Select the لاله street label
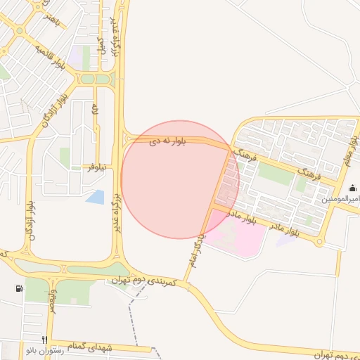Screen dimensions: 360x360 tap(94, 111)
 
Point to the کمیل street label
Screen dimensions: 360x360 tap(101, 45)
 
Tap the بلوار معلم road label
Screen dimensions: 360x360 tap(352, 148)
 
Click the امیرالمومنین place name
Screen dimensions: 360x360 tap(342, 200)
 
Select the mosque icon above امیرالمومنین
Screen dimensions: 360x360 tap(352, 188)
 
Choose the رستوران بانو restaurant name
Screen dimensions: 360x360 tap(45, 349)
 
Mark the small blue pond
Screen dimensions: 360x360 tap(95, 196)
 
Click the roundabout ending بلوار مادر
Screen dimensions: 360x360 tap(319, 242)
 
